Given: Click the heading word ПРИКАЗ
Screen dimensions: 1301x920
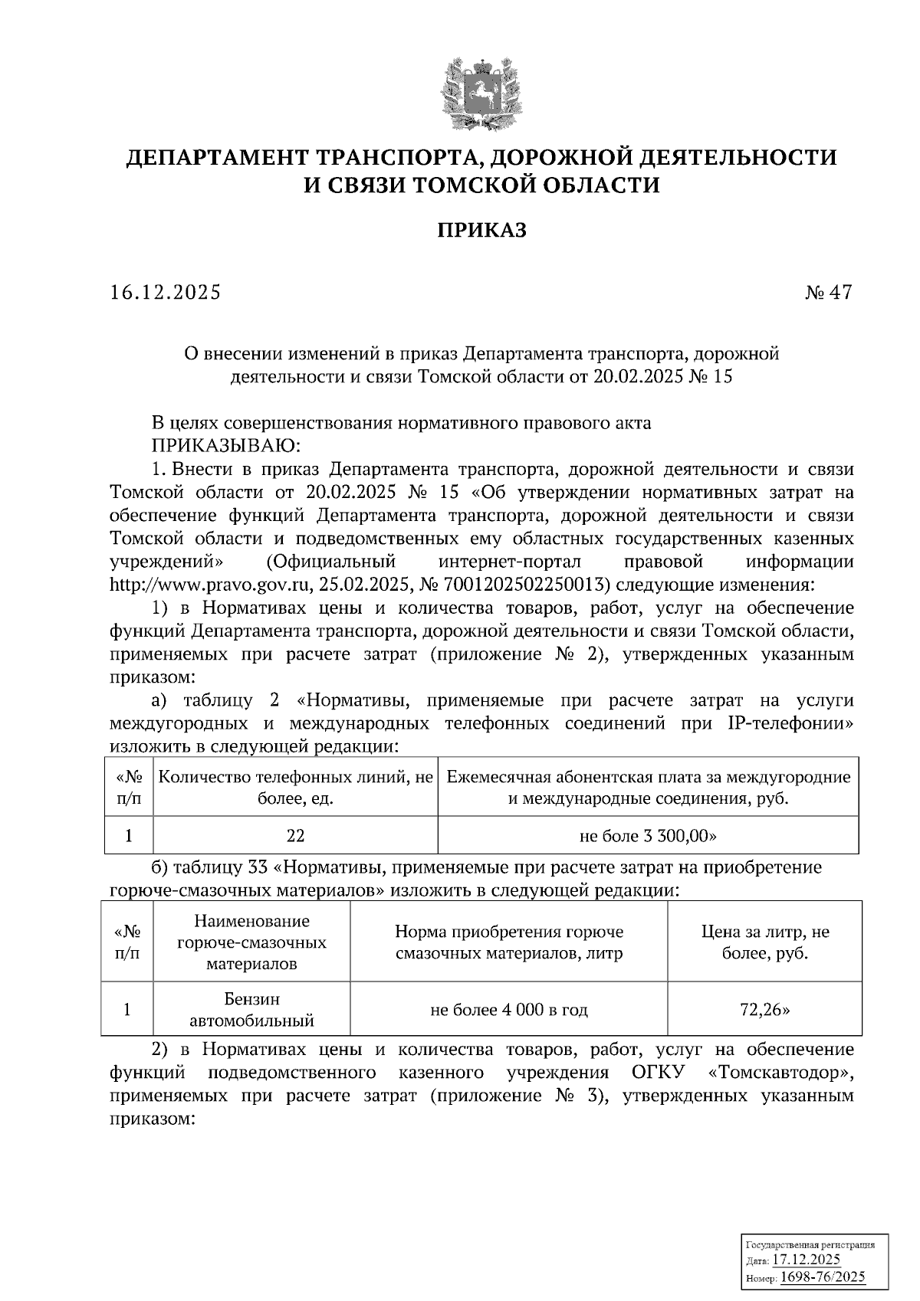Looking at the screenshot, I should [481, 230].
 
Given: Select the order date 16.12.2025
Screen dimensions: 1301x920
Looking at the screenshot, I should [165, 293].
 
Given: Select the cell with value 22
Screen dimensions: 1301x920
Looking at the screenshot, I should [295, 835].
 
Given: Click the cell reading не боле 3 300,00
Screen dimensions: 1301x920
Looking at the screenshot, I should [648, 835].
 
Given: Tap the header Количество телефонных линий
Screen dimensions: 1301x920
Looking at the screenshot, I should [295, 788].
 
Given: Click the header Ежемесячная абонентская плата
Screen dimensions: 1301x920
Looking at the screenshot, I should [648, 788].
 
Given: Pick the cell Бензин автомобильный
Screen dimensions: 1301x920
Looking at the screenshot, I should [251, 1010].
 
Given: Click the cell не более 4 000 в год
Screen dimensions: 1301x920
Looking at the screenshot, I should [509, 1010].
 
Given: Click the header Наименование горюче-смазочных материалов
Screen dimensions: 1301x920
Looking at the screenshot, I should [251, 942].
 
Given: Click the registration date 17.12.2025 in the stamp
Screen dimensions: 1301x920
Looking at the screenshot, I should [806, 1260].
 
